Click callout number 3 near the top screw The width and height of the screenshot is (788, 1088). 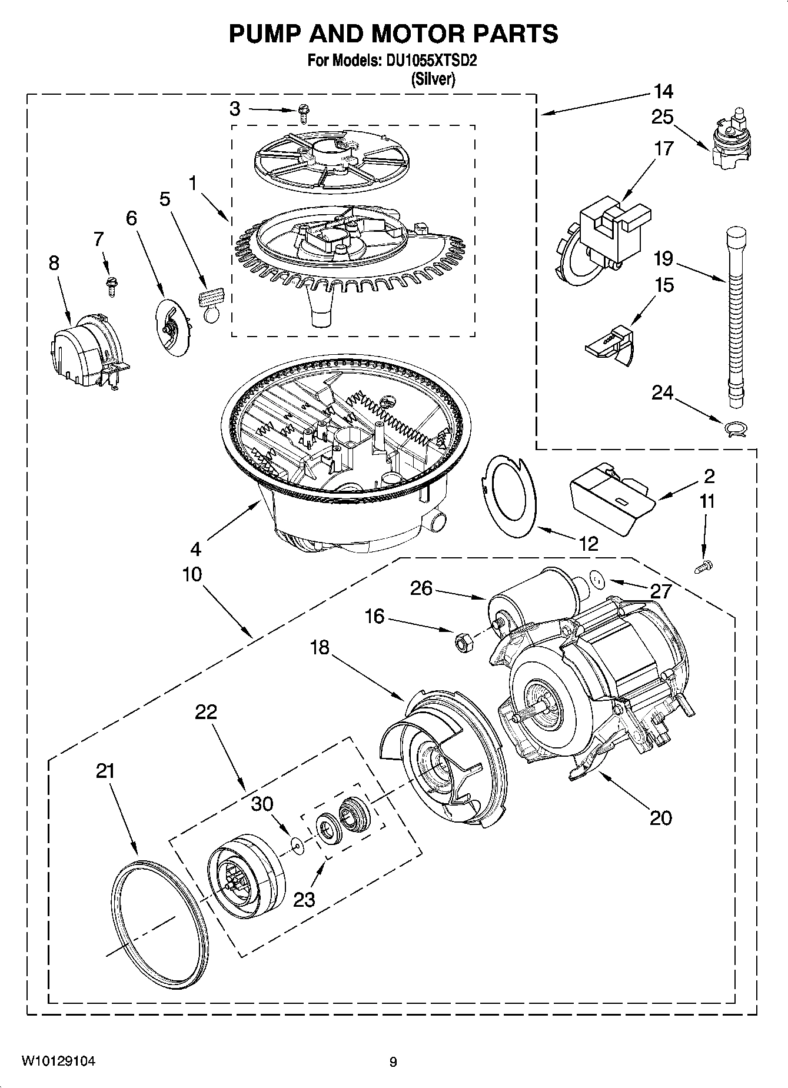(x=235, y=109)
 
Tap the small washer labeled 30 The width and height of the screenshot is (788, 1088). (x=298, y=846)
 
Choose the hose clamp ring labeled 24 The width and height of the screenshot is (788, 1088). (x=736, y=429)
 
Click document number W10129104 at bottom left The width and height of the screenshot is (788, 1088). (x=58, y=1062)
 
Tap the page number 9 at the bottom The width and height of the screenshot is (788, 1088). (x=393, y=1062)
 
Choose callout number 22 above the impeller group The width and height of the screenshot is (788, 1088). (x=207, y=712)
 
